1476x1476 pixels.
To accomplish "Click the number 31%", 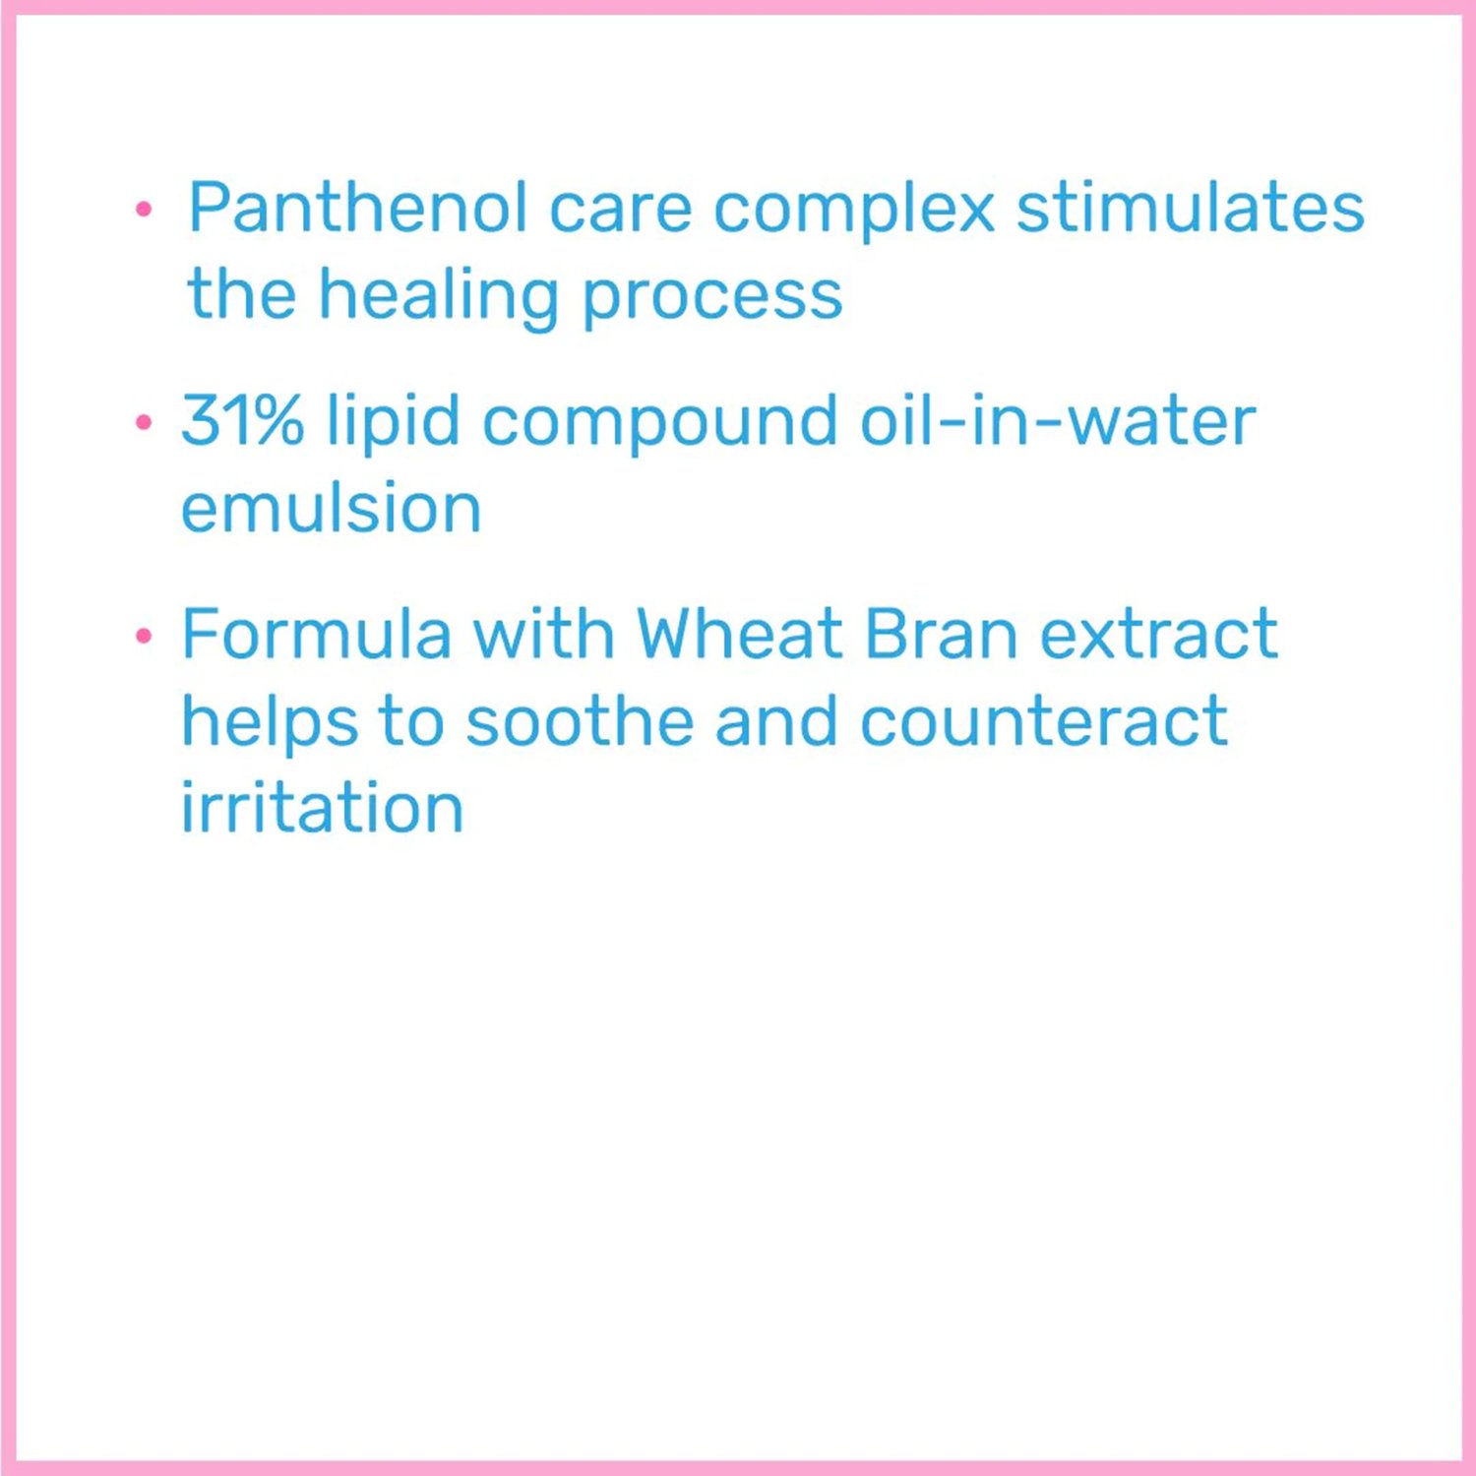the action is coord(242,420).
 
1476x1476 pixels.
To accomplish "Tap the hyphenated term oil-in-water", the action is coord(1058,420).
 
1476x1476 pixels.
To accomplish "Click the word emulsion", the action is coord(331,508).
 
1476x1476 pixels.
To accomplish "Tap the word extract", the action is coord(1159,635).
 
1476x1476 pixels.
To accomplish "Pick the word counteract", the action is coord(1044,722).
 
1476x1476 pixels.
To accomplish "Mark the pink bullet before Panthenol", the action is coord(145,209).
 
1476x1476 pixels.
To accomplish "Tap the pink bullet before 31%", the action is coord(145,423).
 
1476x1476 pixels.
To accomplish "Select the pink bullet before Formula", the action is coord(145,636).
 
